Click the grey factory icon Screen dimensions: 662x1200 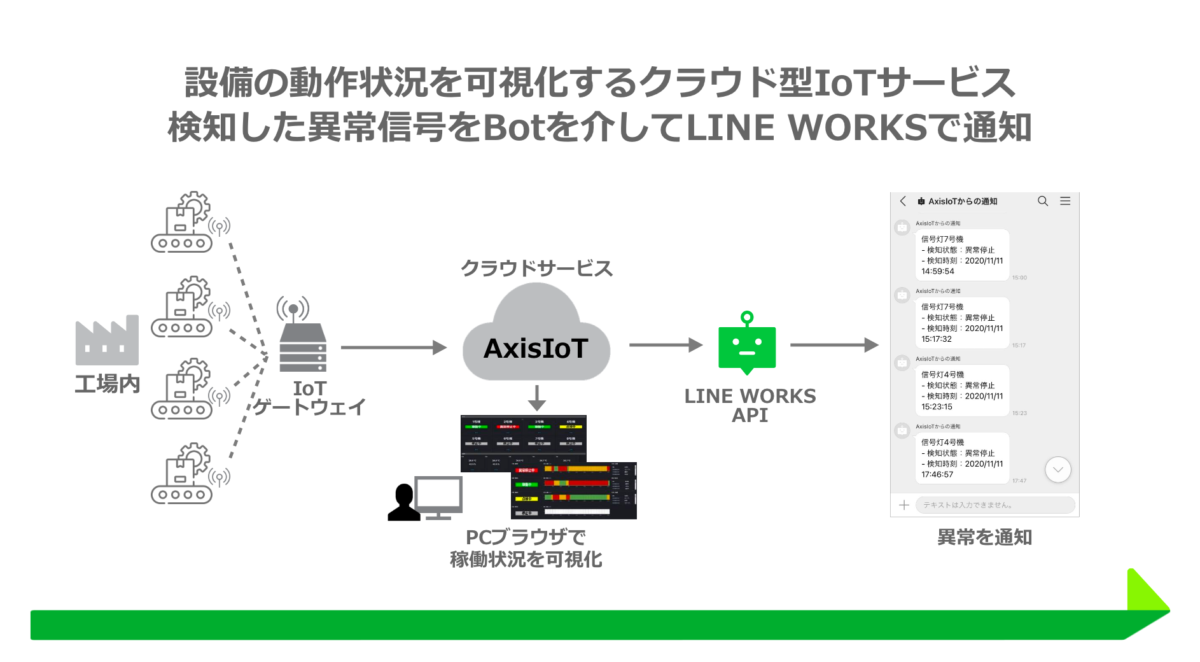107,340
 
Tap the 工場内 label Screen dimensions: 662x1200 107,384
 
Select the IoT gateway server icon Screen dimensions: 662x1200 302,346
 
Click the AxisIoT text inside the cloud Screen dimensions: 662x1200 536,348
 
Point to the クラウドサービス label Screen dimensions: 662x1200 536,268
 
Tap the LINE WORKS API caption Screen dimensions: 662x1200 750,405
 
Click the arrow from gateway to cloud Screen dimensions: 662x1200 393,348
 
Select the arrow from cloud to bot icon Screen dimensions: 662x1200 665,345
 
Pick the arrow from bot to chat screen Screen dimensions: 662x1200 834,345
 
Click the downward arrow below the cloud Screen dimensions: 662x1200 537,398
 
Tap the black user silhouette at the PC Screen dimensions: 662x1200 403,503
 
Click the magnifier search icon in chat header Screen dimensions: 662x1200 1043,201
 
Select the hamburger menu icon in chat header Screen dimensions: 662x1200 1065,201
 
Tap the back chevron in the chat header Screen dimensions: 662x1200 903,201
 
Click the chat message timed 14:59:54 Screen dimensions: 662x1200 961,255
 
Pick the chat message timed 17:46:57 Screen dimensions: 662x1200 961,458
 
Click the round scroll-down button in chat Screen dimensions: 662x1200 1058,470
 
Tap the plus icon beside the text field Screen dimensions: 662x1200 903,505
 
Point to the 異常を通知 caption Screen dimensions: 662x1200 984,537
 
